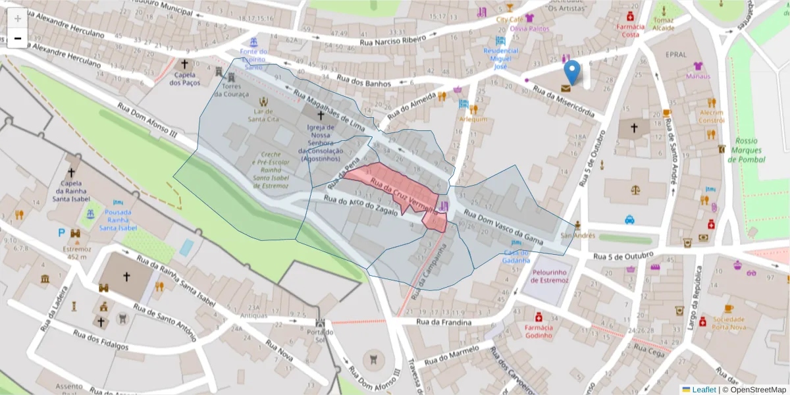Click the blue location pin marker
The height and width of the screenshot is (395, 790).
pyautogui.click(x=573, y=72)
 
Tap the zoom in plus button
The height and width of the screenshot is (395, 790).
pyautogui.click(x=18, y=18)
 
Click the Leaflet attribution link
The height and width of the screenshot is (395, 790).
pyautogui.click(x=703, y=390)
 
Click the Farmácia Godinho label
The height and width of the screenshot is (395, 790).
pyautogui.click(x=538, y=331)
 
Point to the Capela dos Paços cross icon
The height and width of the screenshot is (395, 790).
pyautogui.click(x=184, y=65)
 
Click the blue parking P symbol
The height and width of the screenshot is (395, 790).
pyautogui.click(x=62, y=232)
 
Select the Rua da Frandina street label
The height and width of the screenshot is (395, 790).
pyautogui.click(x=445, y=322)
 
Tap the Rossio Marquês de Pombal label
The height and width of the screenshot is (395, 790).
pyautogui.click(x=747, y=150)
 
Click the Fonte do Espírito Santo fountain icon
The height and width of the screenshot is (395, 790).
pyautogui.click(x=253, y=42)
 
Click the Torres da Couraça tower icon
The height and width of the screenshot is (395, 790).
pyautogui.click(x=221, y=70)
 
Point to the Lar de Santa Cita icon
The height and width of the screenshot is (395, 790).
pyautogui.click(x=264, y=101)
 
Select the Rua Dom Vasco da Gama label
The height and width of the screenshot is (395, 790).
pyautogui.click(x=503, y=227)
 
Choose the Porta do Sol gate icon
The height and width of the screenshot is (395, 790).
pyautogui.click(x=320, y=324)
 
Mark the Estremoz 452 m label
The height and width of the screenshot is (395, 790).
pyautogui.click(x=72, y=253)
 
